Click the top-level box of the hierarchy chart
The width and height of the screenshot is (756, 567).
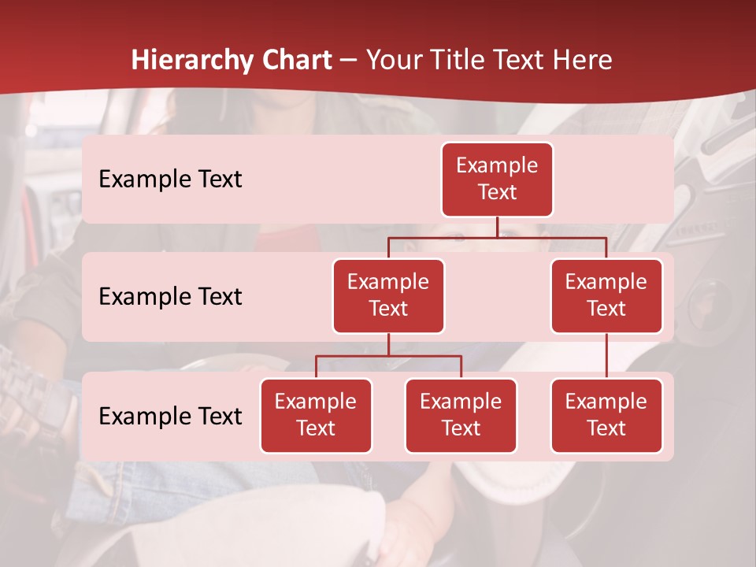coord(497,179)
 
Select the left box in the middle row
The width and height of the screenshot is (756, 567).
coord(388,295)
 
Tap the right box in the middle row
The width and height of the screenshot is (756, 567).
coord(606,295)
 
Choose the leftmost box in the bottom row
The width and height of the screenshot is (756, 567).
coord(316,415)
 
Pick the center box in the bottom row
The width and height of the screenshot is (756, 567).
coord(461,415)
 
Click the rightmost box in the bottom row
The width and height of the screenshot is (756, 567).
coord(606,415)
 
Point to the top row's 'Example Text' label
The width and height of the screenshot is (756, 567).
coord(170,180)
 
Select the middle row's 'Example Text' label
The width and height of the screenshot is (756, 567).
coord(170,297)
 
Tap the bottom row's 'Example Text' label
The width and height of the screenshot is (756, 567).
coord(170,417)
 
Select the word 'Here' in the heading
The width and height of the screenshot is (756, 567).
coord(584,60)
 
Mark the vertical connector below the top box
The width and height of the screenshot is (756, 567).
coord(497,227)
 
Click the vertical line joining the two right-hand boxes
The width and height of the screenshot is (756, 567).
coord(606,356)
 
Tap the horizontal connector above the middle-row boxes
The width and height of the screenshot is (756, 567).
coord(497,237)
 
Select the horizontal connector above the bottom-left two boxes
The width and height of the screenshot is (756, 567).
coord(388,356)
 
